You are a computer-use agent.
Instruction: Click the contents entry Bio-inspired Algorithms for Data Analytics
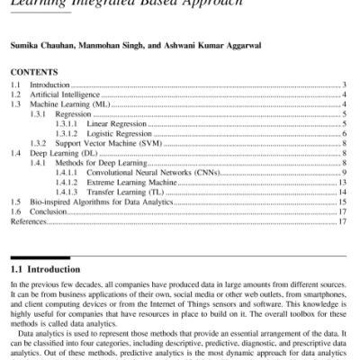click(100, 202)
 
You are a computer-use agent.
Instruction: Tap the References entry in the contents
click(26, 221)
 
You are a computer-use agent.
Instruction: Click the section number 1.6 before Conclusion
click(13, 211)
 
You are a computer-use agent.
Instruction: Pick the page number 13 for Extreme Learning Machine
click(342, 182)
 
